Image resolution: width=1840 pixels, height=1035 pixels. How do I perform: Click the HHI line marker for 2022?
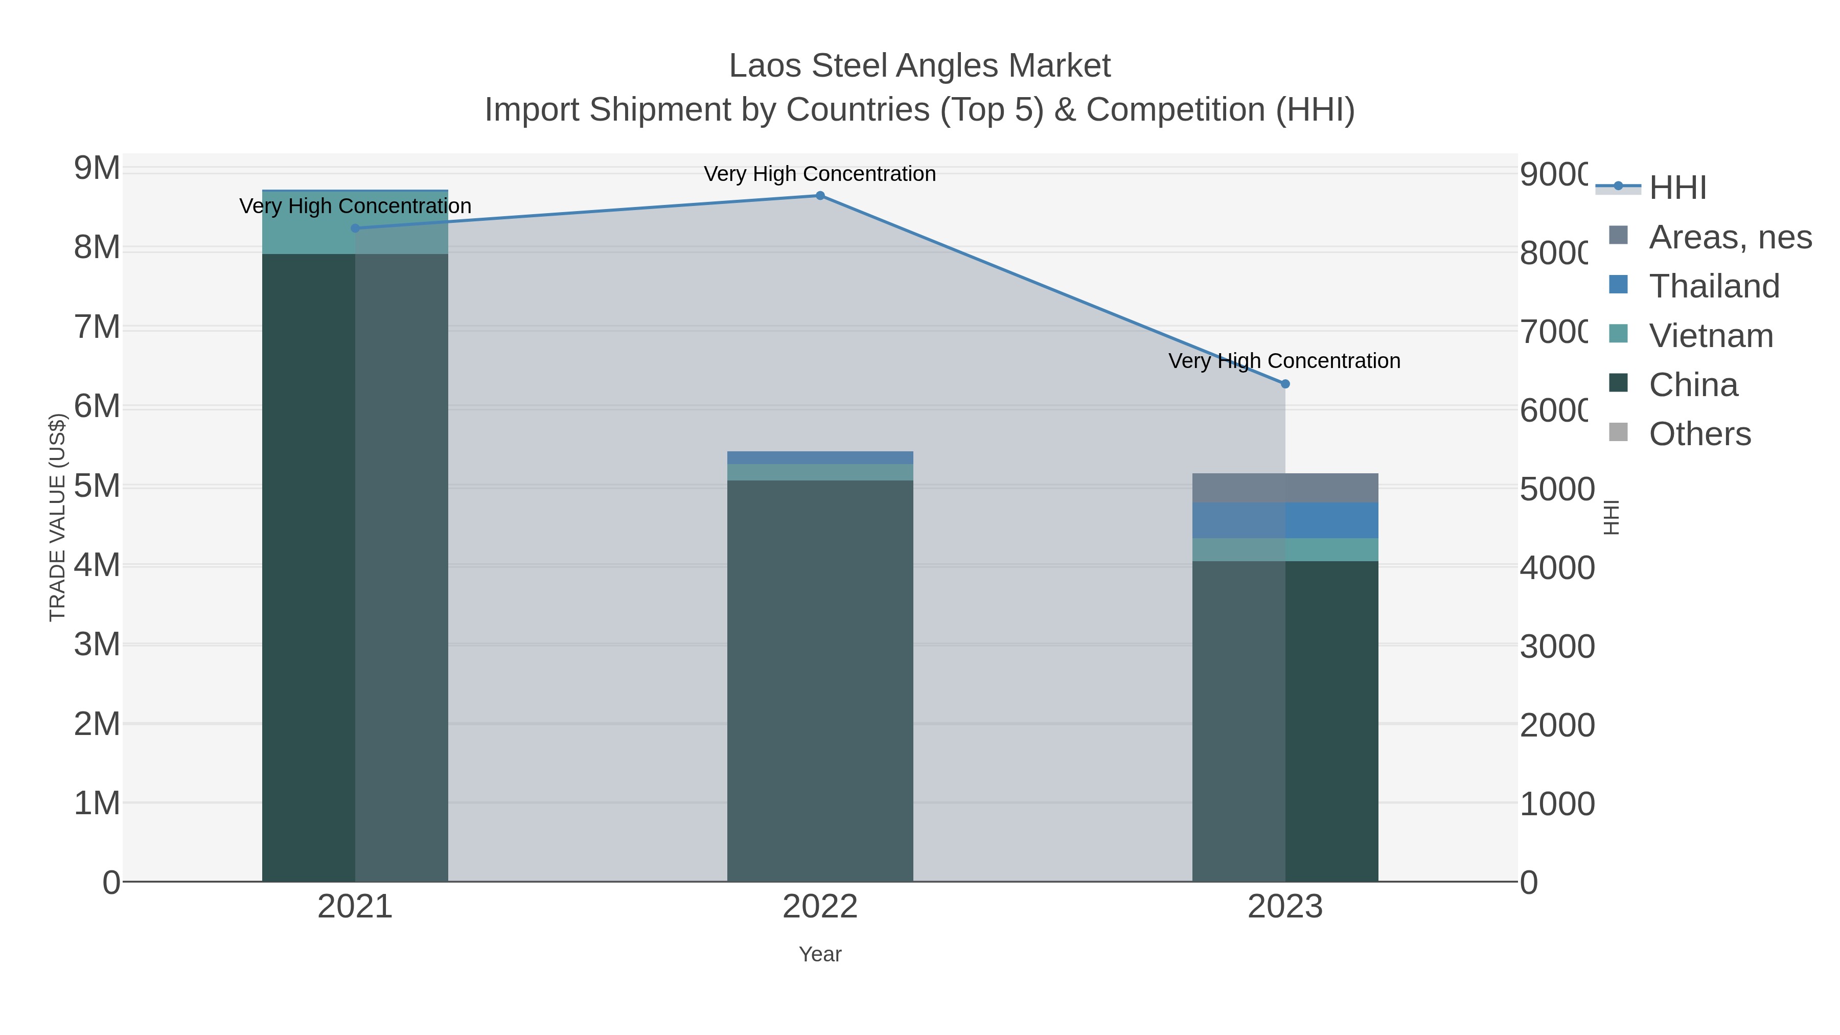tap(820, 196)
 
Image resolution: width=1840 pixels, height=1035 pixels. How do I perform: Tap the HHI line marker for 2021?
tap(355, 228)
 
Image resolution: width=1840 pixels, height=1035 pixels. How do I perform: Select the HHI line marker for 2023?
tap(1285, 384)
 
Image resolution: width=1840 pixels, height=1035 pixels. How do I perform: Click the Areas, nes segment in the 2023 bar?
tap(1285, 488)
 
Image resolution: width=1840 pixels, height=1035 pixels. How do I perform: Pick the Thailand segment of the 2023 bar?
tap(1285, 521)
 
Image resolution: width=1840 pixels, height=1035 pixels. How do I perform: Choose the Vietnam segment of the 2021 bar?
tap(355, 222)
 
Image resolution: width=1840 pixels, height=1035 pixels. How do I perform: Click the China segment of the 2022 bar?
tap(820, 679)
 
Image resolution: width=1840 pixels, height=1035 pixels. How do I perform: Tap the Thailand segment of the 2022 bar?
tap(820, 458)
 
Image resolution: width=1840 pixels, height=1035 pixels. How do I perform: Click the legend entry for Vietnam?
tap(1710, 336)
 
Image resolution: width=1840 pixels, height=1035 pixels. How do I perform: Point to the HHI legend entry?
tap(1676, 188)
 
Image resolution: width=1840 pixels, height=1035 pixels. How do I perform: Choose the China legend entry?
tap(1692, 385)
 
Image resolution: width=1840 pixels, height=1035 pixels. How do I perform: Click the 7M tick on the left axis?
tap(97, 327)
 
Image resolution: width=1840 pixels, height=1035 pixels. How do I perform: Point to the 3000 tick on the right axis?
tap(1556, 647)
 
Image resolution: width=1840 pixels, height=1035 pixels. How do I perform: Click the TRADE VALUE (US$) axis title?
tap(57, 517)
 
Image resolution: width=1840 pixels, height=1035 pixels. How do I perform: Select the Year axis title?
tap(820, 954)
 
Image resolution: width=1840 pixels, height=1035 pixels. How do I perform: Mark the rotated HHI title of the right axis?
tap(1611, 517)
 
